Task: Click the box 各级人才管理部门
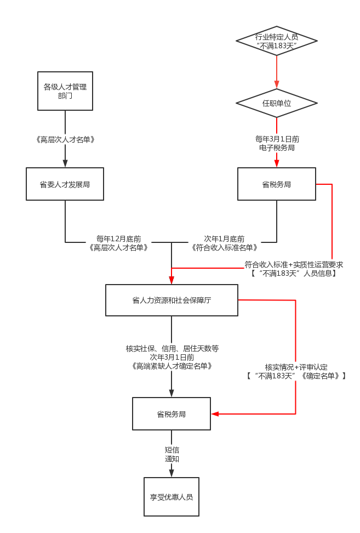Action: pyautogui.click(x=65, y=91)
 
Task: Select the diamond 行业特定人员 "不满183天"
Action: pyautogui.click(x=276, y=41)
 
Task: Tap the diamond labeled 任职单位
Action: pyautogui.click(x=276, y=103)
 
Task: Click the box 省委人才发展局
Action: pyautogui.click(x=65, y=184)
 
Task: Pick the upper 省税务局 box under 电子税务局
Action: pyautogui.click(x=276, y=184)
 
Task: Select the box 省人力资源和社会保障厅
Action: pyautogui.click(x=172, y=300)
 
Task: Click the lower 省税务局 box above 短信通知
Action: pyautogui.click(x=172, y=414)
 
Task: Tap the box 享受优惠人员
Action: pyautogui.click(x=172, y=497)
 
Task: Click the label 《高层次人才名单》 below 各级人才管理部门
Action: pyautogui.click(x=65, y=139)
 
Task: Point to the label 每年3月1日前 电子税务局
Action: pyautogui.click(x=277, y=143)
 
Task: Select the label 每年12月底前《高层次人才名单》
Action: pyautogui.click(x=119, y=243)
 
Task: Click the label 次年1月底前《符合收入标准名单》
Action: pyautogui.click(x=224, y=243)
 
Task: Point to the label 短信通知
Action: pyautogui.click(x=172, y=454)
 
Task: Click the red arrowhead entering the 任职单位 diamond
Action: pyautogui.click(x=277, y=85)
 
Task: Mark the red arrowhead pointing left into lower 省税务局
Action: pyautogui.click(x=215, y=414)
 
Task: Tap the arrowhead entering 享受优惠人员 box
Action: pyautogui.click(x=172, y=473)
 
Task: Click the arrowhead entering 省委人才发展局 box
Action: pyautogui.click(x=65, y=163)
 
